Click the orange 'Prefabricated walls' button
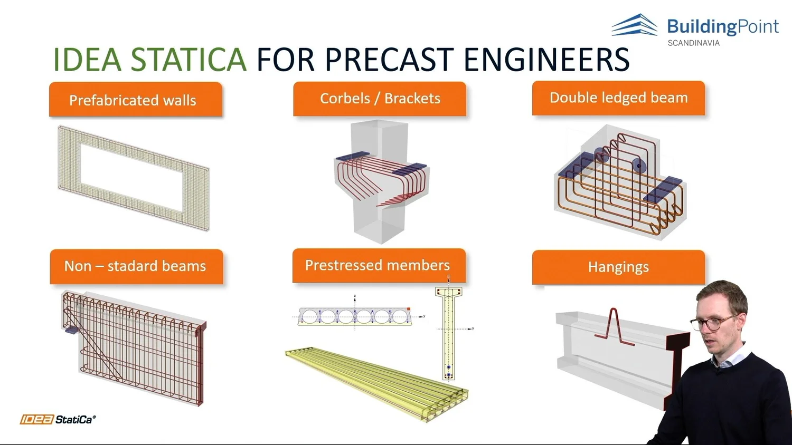pos(135,100)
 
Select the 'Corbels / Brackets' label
pos(380,99)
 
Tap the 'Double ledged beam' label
pos(618,98)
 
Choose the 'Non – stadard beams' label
pos(136,266)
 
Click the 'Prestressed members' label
pos(378,265)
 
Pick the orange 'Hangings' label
pos(618,267)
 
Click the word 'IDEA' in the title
pos(88,60)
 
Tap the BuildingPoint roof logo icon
pos(635,25)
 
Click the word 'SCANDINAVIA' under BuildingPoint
pos(693,43)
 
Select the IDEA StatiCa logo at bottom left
pos(58,420)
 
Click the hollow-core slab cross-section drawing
pos(354,316)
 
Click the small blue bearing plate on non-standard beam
pos(71,330)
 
